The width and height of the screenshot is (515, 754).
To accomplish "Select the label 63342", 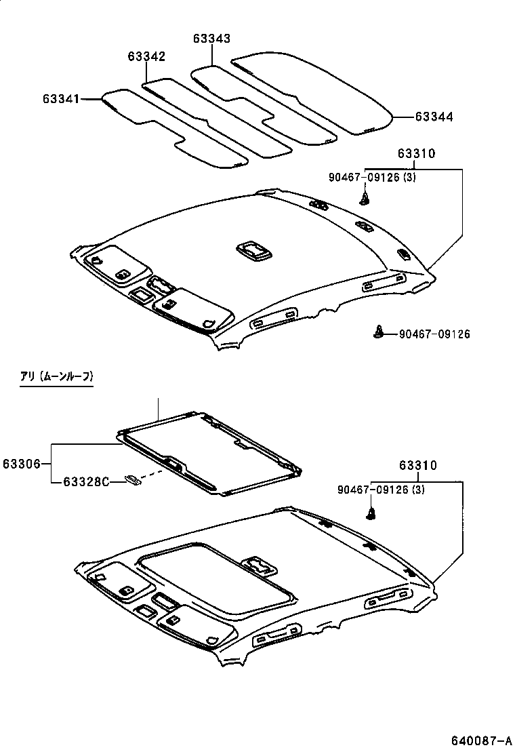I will [146, 56].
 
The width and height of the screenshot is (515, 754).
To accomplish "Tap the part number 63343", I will [211, 39].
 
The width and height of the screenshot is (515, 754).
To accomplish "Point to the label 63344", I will [434, 117].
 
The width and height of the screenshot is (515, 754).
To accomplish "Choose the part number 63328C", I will [86, 482].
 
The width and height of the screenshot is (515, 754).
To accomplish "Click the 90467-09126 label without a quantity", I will [434, 334].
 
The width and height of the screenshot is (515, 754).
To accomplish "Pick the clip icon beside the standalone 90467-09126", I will [379, 332].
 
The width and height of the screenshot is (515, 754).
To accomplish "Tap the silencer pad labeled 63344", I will [318, 95].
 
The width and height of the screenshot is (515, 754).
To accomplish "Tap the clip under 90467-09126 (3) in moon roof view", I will [371, 513].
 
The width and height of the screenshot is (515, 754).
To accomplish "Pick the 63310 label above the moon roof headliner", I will [417, 466].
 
